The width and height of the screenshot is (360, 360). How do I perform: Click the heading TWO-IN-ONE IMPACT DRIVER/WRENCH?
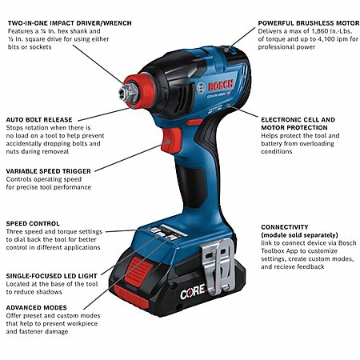(x=70, y=23)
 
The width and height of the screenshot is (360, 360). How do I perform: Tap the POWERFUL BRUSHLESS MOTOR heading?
(x=309, y=23)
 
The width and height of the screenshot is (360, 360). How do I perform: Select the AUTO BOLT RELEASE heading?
(x=39, y=120)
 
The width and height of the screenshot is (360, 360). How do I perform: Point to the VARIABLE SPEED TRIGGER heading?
(x=49, y=171)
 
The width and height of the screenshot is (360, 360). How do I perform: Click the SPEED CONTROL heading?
(x=33, y=223)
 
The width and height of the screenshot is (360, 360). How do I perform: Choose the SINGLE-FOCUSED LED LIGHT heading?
(x=51, y=276)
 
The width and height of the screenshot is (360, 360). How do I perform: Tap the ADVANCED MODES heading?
(x=37, y=308)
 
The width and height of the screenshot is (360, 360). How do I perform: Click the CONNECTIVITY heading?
(x=285, y=227)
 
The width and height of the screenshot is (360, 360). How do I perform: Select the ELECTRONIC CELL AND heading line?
(x=298, y=120)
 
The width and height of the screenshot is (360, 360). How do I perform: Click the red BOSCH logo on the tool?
(x=221, y=86)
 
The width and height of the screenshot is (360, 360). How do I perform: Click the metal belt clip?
(x=218, y=266)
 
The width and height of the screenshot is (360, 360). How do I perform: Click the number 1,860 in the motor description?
(x=321, y=31)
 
